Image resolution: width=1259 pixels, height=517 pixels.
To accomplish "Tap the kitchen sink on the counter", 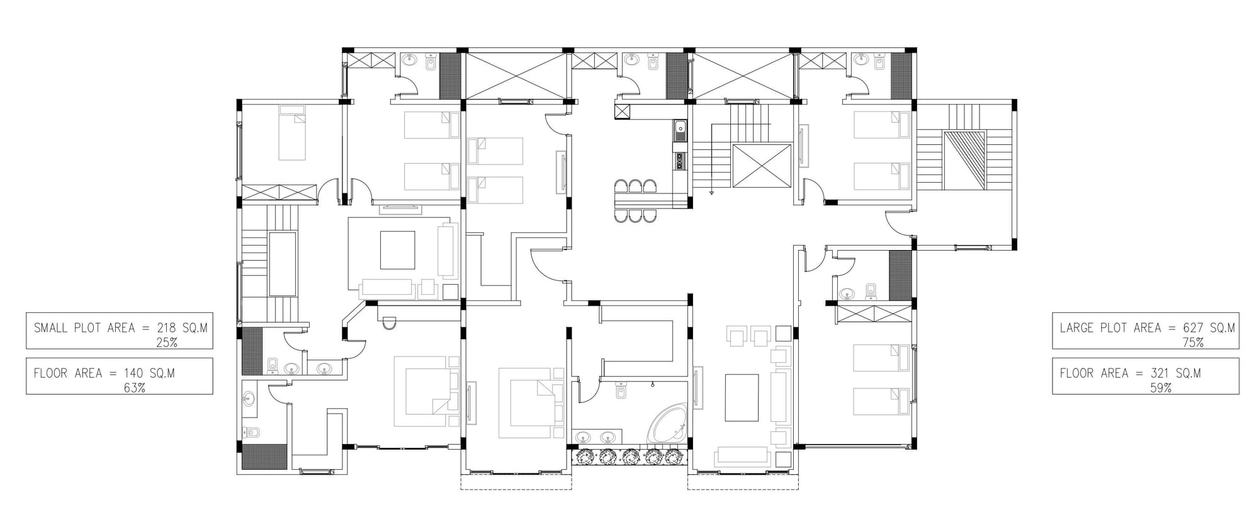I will click(680, 131).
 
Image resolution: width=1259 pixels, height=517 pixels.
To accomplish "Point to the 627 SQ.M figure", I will click(1209, 328).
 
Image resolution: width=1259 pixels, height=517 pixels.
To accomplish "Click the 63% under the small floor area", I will click(134, 388).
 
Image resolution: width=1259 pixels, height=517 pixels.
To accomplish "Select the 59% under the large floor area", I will click(1161, 388).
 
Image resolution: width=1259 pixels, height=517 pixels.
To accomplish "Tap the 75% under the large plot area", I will click(1193, 343).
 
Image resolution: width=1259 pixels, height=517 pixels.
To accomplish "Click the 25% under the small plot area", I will click(166, 343).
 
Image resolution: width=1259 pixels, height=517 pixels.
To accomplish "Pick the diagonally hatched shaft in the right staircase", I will click(964, 161).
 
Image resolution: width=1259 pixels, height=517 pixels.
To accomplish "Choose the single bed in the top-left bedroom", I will click(292, 133).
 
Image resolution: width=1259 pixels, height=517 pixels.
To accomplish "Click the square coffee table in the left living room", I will click(397, 250).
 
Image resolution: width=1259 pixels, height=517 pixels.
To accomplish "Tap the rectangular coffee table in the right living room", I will click(742, 397).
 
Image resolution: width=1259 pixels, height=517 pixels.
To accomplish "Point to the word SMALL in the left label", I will click(50, 328).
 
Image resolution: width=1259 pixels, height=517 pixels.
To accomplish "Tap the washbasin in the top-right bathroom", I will click(860, 60).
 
